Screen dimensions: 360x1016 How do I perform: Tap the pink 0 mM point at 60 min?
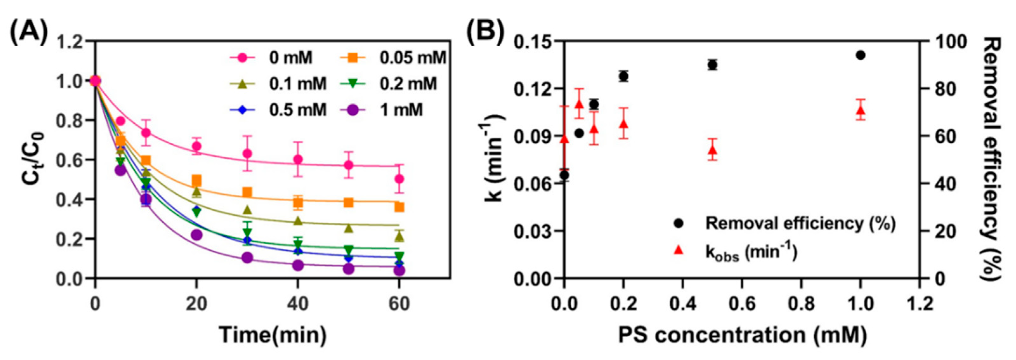click(x=399, y=179)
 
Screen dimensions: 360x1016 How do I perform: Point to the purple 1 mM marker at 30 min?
click(x=247, y=258)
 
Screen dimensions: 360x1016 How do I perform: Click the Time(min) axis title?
click(x=273, y=335)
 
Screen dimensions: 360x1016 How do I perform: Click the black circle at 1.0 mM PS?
click(x=861, y=55)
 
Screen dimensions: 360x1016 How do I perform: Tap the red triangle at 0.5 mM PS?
click(x=712, y=150)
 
